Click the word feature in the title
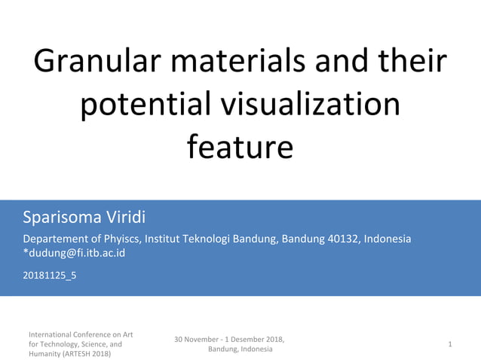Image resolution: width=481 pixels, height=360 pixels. click(239, 147)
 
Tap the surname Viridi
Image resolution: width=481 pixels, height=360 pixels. click(123, 218)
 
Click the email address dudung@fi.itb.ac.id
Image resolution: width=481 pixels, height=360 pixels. click(77, 253)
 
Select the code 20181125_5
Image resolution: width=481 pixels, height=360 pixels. click(49, 275)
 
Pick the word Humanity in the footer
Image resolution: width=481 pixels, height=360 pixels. click(45, 354)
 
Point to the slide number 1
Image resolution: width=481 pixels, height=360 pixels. click(449, 344)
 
